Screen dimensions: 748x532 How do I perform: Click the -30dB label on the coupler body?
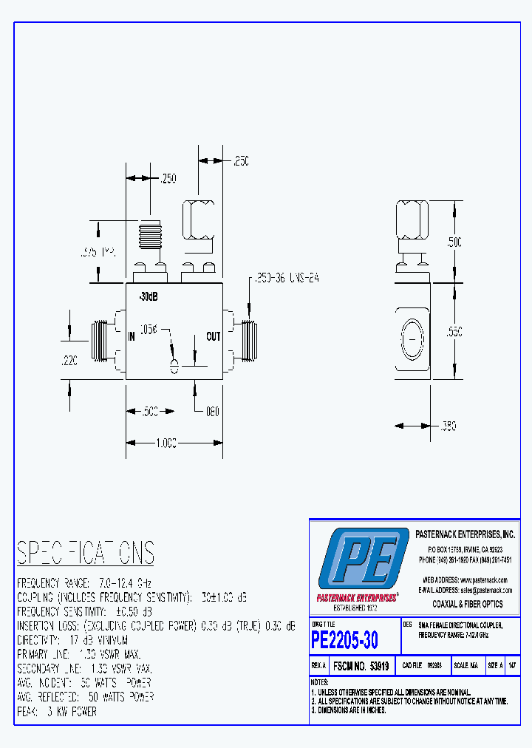148,297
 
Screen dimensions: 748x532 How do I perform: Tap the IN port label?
132,337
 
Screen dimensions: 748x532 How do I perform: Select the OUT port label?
213,337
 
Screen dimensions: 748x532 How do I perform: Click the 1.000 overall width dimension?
166,443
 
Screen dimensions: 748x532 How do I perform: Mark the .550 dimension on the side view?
454,333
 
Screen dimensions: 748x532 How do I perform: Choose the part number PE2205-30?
344,639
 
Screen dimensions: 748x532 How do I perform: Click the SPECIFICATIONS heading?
86,553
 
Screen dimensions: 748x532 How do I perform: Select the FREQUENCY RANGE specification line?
84,582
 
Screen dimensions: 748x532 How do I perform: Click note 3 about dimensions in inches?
349,710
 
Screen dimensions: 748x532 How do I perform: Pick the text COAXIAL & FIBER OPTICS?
467,604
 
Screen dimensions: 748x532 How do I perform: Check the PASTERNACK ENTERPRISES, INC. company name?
464,534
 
